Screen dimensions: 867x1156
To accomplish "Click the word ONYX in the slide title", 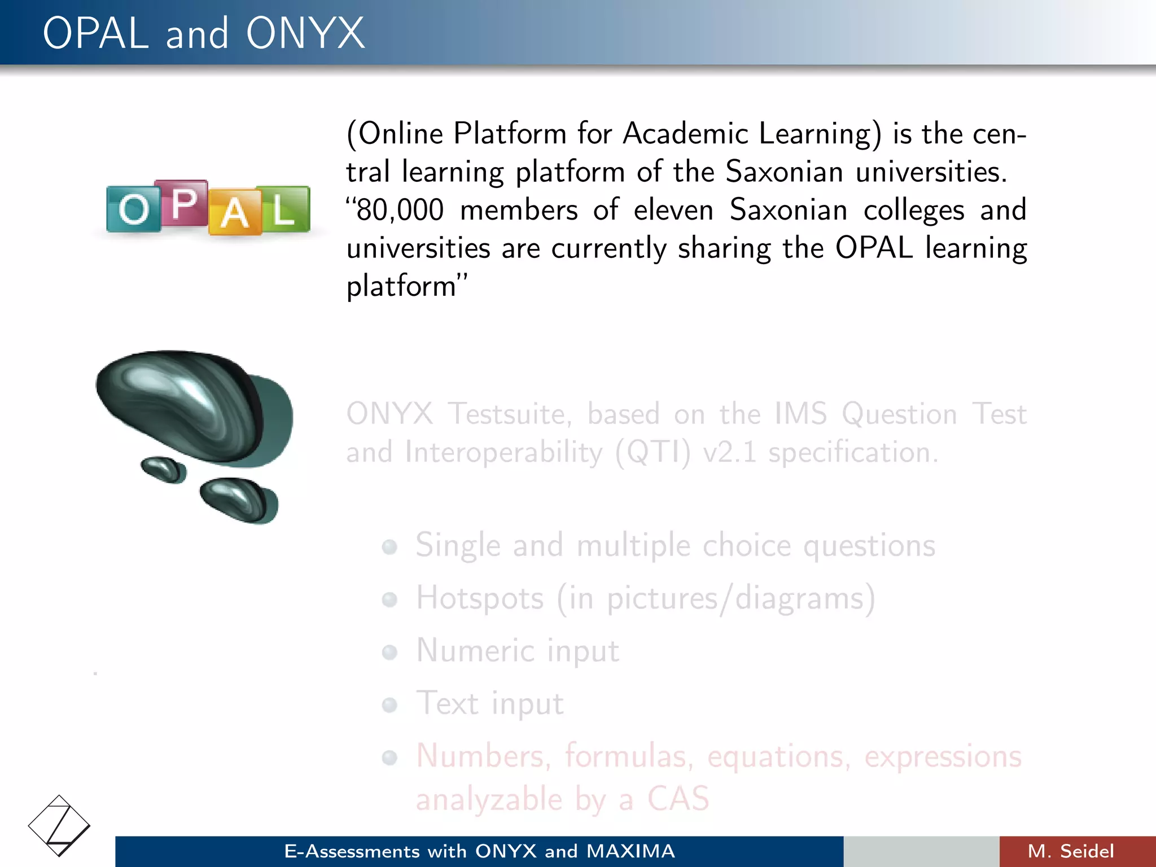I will click(305, 34).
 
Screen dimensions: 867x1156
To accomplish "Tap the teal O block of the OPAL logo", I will click(133, 209).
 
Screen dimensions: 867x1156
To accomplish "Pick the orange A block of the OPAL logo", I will click(234, 213).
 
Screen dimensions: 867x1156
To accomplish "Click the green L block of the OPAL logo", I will click(284, 209).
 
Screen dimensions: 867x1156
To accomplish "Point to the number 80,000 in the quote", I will click(400, 210).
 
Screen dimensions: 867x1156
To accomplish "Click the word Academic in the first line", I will click(685, 134).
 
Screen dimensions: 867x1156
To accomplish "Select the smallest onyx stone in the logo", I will click(163, 469).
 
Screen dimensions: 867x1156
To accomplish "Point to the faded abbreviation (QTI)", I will click(653, 453).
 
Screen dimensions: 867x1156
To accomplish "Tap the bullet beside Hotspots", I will click(389, 599).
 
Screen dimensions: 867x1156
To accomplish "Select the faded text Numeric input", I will click(517, 651).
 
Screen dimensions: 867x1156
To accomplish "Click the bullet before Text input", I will click(389, 704).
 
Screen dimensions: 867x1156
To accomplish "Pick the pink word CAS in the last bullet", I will click(678, 798).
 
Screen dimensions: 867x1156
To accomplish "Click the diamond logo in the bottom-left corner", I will click(59, 825).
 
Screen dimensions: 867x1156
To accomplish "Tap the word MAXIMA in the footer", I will click(630, 851).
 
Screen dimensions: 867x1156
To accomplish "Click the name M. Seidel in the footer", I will click(1070, 851).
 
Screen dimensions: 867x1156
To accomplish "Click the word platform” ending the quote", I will click(406, 286).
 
